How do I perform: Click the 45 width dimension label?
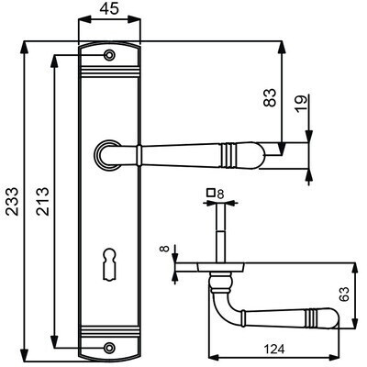tap(109, 9)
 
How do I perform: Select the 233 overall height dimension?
tap(13, 202)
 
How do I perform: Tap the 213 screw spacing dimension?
tap(42, 202)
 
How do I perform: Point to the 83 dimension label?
tap(270, 97)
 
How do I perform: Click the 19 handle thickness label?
tap(301, 104)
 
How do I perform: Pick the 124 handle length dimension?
tap(274, 349)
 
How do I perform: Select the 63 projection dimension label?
tap(344, 295)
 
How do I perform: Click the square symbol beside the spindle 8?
tap(210, 193)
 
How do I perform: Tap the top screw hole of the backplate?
tap(109, 55)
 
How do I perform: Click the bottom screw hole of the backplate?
tap(109, 348)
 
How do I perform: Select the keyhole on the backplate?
tap(109, 264)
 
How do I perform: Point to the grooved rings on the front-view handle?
tap(228, 155)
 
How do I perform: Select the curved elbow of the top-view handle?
tap(217, 310)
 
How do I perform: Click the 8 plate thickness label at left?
tap(164, 248)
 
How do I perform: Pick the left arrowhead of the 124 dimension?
tap(215, 357)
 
